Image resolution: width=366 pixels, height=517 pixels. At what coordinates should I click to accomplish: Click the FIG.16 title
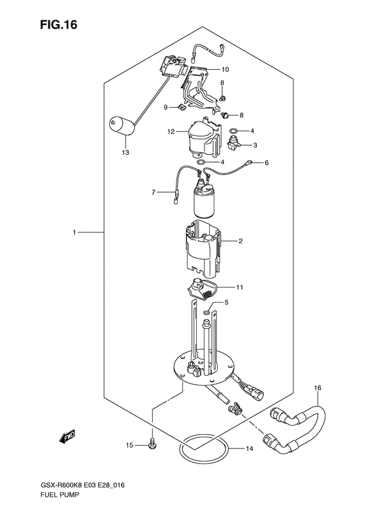[59, 25]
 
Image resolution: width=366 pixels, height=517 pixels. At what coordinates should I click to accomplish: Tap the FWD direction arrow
[67, 436]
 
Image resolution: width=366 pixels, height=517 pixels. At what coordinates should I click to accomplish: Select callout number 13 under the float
[125, 153]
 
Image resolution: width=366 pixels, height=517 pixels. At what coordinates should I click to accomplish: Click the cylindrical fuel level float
[122, 125]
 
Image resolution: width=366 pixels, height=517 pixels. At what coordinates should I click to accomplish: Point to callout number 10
[225, 69]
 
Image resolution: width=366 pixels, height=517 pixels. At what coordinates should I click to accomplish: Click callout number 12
[171, 132]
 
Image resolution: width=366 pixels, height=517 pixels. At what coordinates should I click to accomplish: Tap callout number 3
[255, 145]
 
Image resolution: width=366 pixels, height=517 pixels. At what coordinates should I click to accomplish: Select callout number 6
[267, 163]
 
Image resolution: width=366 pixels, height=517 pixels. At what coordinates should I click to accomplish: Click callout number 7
[154, 192]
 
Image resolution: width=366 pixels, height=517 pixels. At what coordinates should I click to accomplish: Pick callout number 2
[241, 241]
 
